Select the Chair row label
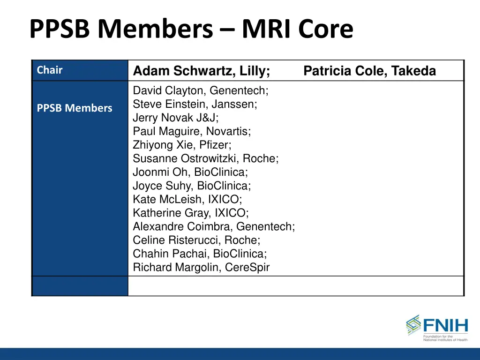click(50, 70)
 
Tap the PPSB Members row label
click(75, 108)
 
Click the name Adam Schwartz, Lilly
click(202, 71)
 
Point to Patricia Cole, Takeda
click(370, 71)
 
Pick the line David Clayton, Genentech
click(201, 90)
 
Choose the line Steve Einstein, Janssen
click(195, 104)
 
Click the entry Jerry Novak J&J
click(176, 118)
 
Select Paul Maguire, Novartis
click(192, 131)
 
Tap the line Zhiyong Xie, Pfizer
click(182, 145)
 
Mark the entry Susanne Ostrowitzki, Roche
click(206, 158)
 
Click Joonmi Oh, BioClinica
click(190, 172)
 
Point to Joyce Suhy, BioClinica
click(192, 186)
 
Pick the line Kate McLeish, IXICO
click(187, 199)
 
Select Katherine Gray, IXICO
click(191, 213)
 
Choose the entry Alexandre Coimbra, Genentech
click(214, 226)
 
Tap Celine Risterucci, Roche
click(196, 240)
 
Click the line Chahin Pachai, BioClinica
click(200, 254)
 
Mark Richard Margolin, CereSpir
click(201, 267)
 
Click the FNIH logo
click(436, 327)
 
